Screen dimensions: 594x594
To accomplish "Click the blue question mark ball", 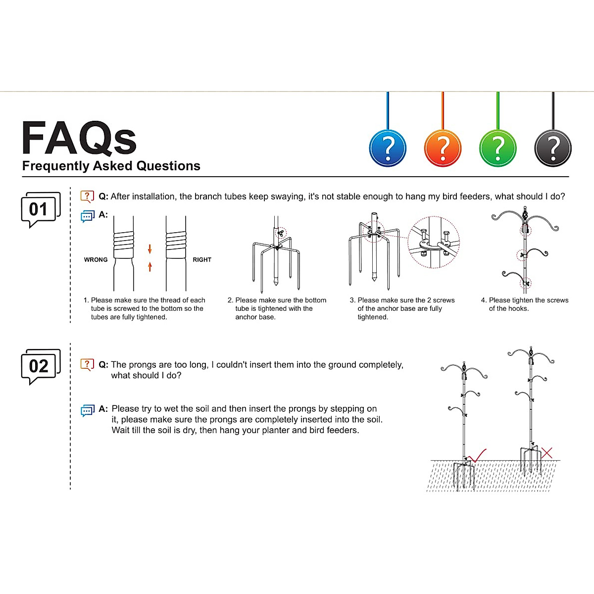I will pyautogui.click(x=388, y=148).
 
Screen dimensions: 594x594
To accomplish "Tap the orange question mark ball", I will pyautogui.click(x=443, y=148).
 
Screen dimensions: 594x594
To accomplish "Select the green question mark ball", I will pyautogui.click(x=497, y=148).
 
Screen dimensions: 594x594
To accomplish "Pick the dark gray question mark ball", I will pyautogui.click(x=553, y=148).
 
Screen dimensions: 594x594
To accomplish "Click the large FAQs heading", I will pyautogui.click(x=79, y=139).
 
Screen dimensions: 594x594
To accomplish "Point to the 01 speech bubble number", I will pyautogui.click(x=39, y=209).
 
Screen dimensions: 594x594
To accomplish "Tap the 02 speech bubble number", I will pyautogui.click(x=39, y=366).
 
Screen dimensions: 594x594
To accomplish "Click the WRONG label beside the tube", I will pyautogui.click(x=96, y=260).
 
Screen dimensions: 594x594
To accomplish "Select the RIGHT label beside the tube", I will pyautogui.click(x=202, y=260).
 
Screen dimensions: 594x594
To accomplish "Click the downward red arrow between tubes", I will pyautogui.click(x=150, y=249).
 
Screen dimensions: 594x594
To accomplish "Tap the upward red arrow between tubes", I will pyautogui.click(x=150, y=267).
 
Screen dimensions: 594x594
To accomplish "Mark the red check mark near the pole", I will pyautogui.click(x=477, y=455).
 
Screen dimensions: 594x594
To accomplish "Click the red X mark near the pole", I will pyautogui.click(x=547, y=452).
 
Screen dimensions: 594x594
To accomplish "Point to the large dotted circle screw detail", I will pyautogui.click(x=434, y=242).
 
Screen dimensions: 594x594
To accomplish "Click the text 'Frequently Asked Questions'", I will pyautogui.click(x=111, y=166).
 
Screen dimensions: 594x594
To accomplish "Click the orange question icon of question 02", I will pyautogui.click(x=87, y=365).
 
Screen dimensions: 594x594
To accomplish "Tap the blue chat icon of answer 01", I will pyautogui.click(x=87, y=216).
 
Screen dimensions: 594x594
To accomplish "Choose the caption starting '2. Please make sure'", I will pyautogui.click(x=277, y=308).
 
